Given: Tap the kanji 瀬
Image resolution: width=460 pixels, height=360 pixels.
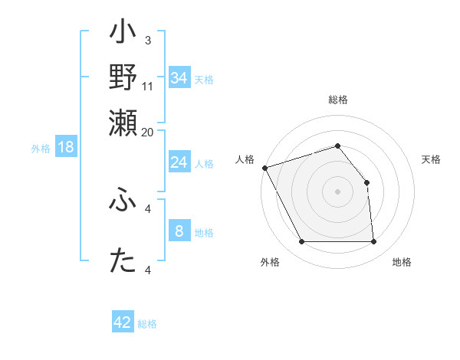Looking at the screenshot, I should tap(123, 123).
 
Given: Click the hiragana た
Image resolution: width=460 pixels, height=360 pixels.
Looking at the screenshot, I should tap(123, 260).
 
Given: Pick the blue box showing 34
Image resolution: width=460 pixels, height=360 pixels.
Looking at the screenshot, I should tap(179, 77).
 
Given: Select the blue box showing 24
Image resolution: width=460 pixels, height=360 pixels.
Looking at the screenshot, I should tap(179, 162).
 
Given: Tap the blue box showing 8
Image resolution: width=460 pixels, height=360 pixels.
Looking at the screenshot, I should tap(179, 231).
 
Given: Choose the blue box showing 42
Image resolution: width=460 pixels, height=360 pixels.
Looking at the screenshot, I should tap(123, 322).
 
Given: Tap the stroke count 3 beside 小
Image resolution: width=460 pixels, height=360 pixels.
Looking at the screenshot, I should tap(147, 40).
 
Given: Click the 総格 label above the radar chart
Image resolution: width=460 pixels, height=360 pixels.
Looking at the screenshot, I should tap(338, 100).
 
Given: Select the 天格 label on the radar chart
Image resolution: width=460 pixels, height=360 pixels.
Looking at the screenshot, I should tap(431, 159).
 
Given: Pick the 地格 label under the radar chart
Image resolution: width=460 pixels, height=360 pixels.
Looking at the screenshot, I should tap(402, 262).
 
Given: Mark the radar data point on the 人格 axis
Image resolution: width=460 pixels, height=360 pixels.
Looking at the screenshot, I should tap(264, 168).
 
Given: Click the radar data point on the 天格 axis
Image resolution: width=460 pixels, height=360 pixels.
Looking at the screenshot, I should tap(366, 182).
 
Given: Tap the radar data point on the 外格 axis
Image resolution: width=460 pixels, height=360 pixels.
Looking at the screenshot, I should tap(302, 242).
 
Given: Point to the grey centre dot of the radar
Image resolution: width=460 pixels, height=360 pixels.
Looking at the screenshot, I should tap(338, 191).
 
